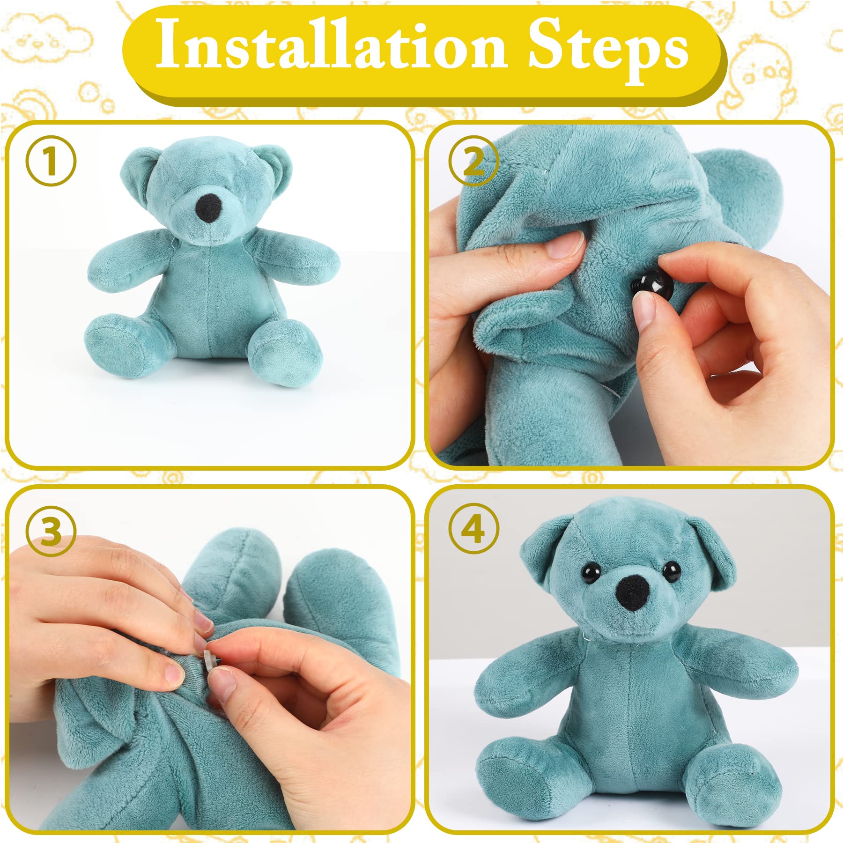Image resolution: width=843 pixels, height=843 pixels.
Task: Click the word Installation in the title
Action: pos(331,45)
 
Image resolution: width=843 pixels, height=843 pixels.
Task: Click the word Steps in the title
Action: pos(608,52)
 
